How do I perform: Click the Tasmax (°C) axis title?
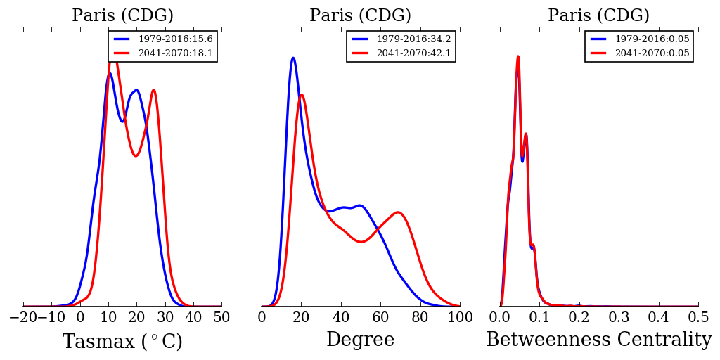(122, 342)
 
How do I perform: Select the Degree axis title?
(361, 340)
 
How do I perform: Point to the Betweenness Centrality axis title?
(599, 340)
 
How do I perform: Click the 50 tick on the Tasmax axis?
(221, 318)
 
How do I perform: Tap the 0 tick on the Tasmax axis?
(80, 318)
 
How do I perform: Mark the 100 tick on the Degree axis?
(460, 318)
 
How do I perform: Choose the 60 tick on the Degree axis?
(380, 318)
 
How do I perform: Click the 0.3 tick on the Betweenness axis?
(619, 318)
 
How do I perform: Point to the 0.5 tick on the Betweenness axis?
(698, 318)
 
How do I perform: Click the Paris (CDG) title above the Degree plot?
(361, 15)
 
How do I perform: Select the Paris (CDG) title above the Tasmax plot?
(122, 15)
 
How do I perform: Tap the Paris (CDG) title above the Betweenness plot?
(599, 15)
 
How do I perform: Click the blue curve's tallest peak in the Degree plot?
(292, 58)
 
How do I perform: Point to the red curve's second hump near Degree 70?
(398, 212)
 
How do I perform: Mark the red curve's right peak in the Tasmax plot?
(153, 90)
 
